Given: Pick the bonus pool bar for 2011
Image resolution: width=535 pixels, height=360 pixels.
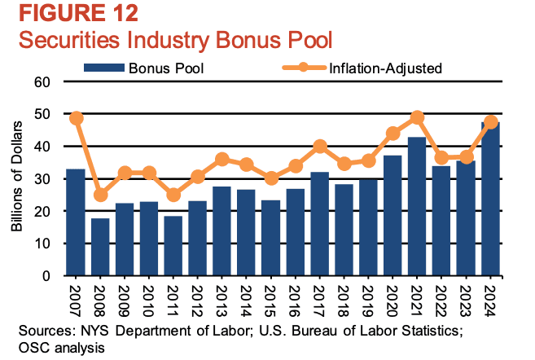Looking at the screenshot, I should (174, 245).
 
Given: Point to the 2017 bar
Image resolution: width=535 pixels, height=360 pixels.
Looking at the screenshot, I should (320, 224).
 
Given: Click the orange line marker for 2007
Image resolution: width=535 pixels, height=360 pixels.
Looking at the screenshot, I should (76, 118).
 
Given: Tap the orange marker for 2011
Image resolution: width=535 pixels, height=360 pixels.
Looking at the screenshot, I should (174, 195).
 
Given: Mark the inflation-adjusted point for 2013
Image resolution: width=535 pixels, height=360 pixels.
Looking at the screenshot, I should (223, 159).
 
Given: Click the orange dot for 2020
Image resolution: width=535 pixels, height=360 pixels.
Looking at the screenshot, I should (393, 133).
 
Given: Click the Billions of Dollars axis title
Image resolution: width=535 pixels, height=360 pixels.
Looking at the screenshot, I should (16, 179).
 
